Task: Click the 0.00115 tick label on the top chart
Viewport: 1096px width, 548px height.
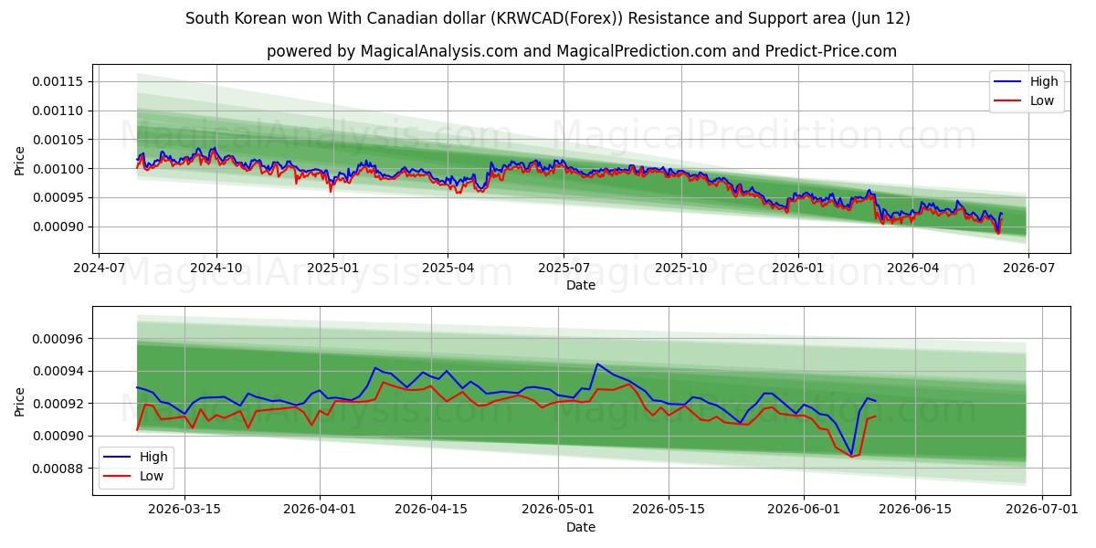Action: (x=58, y=81)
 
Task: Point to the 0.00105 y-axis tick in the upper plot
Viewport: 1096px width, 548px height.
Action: (x=58, y=140)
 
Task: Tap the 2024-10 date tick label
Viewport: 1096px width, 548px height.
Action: (x=216, y=268)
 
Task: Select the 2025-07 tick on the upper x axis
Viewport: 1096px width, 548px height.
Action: (x=564, y=268)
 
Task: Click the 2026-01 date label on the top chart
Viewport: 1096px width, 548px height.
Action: (x=798, y=268)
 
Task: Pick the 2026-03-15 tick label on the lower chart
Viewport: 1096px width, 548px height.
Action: (x=184, y=510)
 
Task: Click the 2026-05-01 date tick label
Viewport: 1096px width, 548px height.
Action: (x=558, y=510)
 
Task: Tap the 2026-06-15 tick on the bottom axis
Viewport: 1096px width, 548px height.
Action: (x=915, y=510)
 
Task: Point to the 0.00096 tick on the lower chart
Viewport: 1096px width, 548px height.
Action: (x=58, y=339)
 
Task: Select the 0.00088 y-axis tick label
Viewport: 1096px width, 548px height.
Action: (x=58, y=469)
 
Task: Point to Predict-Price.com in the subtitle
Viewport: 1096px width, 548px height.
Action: (x=831, y=51)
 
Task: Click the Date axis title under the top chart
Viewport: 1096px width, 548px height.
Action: (x=581, y=285)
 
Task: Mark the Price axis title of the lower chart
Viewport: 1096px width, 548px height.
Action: (x=19, y=402)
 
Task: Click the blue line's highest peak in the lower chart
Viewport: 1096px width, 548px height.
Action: (x=597, y=364)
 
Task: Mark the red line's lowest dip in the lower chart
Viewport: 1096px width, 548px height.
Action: (x=851, y=457)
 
